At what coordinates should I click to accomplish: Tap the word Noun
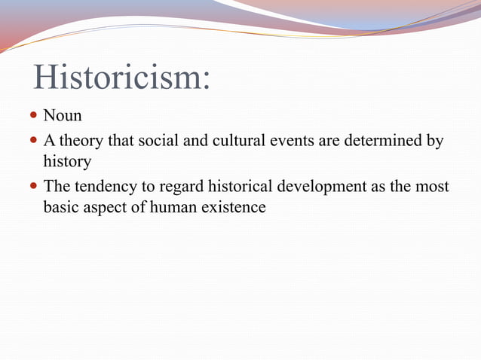(x=63, y=116)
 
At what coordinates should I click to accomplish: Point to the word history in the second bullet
(x=67, y=161)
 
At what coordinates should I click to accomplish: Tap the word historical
(x=245, y=186)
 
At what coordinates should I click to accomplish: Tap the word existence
(x=234, y=206)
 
